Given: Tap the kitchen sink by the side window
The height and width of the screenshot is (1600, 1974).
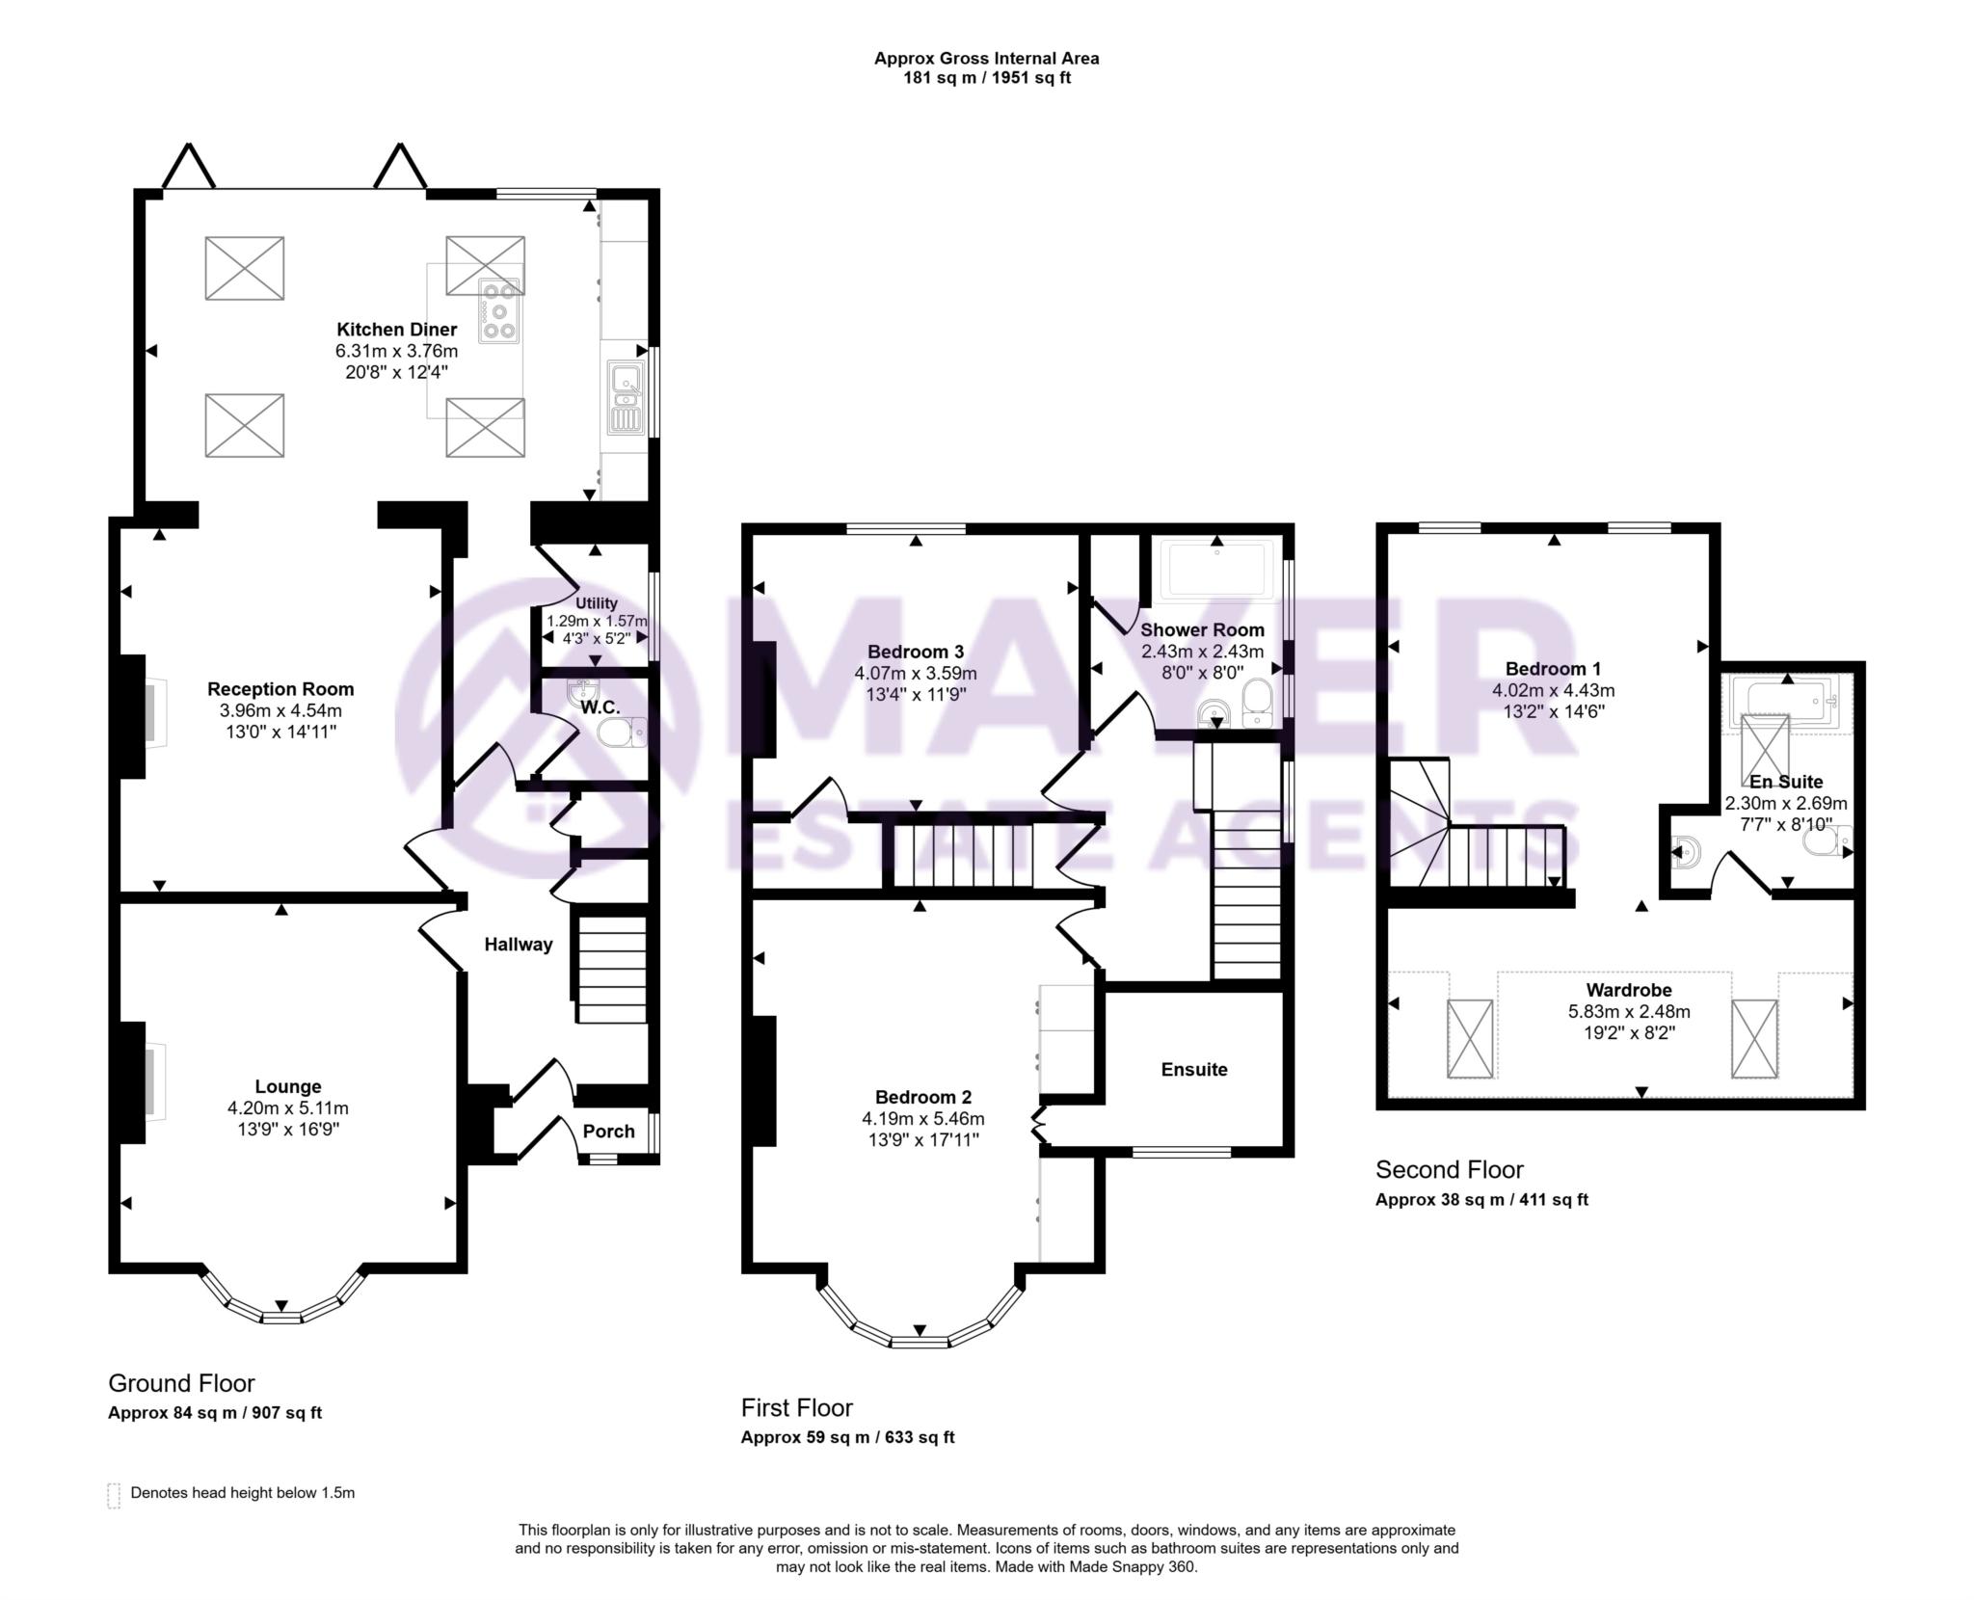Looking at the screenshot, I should [626, 397].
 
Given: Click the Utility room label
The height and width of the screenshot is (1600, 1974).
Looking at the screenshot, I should [596, 603].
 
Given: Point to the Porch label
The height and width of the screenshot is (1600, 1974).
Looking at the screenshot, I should [608, 1132].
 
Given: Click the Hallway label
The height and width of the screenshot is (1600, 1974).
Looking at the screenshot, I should [519, 945].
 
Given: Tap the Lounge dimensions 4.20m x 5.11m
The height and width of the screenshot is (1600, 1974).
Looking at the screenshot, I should [287, 1108].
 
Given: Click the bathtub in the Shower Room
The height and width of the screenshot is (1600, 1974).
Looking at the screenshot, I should [1216, 569].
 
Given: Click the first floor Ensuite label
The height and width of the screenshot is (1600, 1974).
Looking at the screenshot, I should [1194, 1069].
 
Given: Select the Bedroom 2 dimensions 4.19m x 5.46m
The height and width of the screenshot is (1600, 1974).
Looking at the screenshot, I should [922, 1119].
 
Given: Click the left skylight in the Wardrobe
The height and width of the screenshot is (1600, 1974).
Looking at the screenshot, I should [1469, 1038].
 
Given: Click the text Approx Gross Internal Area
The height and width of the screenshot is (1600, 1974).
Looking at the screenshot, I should [986, 58].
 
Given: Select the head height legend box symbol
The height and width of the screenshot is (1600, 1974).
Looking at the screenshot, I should [114, 1495].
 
